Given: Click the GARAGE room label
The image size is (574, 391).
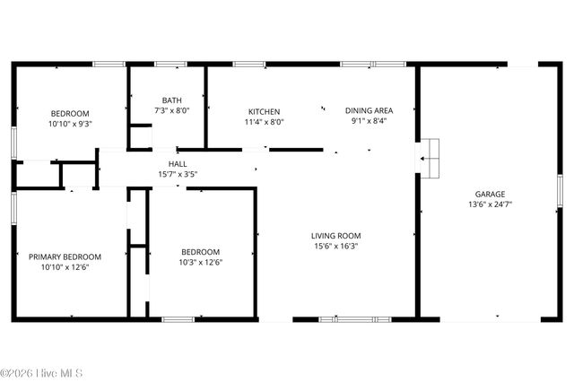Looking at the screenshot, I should pos(490,194).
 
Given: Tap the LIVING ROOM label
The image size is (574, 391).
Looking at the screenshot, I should pos(336,236).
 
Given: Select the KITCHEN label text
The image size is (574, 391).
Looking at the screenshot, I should pos(265,111).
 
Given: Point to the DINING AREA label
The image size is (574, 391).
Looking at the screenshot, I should pos(369,111).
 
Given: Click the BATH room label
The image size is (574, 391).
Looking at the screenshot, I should pos(171,100).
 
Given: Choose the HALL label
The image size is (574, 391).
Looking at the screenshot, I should pos(177,164).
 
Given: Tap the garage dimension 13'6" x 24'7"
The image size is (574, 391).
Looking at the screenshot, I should pos(490,204).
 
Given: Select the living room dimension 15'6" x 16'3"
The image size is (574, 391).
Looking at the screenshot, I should pos(336,247).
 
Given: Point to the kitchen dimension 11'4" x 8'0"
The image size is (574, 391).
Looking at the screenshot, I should pos(265,122).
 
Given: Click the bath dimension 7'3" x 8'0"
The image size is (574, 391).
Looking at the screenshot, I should pos(171,110).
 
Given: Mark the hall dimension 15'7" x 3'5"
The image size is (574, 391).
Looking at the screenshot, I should pos(177,175).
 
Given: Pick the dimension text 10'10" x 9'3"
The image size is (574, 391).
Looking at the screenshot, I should pos(70,124).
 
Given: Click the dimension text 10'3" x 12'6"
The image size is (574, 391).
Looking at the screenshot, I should pos(200,263).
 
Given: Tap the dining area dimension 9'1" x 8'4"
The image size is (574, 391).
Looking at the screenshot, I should pos(369,122).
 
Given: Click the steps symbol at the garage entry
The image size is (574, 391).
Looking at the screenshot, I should pos(431,158).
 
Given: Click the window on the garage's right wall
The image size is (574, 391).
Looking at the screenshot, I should pos(559,188).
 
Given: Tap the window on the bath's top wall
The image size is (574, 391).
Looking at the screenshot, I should pos(170,64).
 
